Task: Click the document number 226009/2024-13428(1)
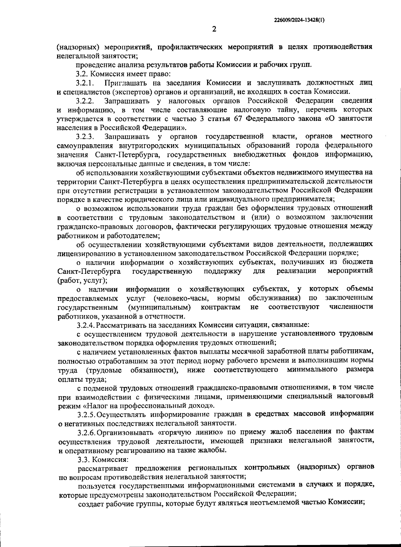tap(299, 20)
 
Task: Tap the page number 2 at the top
tap(214, 29)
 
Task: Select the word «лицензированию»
tap(86, 253)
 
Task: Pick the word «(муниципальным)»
tap(160, 307)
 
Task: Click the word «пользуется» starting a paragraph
tap(96, 486)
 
